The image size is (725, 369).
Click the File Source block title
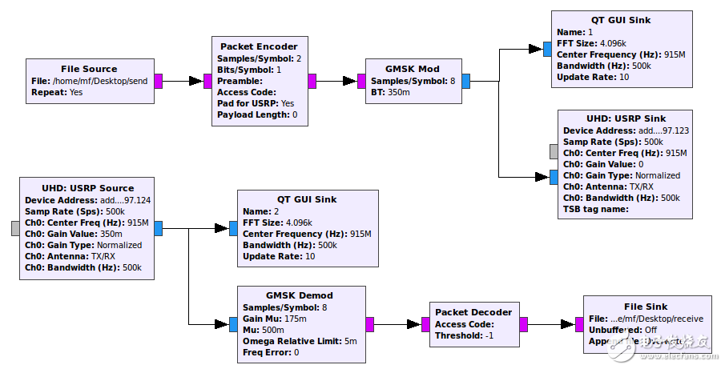(89, 69)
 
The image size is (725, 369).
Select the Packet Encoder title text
(259, 46)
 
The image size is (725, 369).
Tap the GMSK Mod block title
(413, 69)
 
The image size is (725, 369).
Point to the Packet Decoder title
(472, 312)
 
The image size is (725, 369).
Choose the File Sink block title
(646, 307)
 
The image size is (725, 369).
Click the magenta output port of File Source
(159, 81)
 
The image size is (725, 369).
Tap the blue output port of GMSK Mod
(465, 81)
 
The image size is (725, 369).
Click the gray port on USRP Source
(15, 228)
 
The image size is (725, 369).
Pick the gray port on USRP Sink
(553, 152)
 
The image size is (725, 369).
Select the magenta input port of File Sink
(579, 324)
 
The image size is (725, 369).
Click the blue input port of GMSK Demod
(233, 324)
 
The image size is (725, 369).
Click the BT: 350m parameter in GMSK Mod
(389, 93)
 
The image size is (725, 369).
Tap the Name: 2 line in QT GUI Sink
(260, 211)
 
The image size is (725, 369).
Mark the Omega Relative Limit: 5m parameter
(300, 341)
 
